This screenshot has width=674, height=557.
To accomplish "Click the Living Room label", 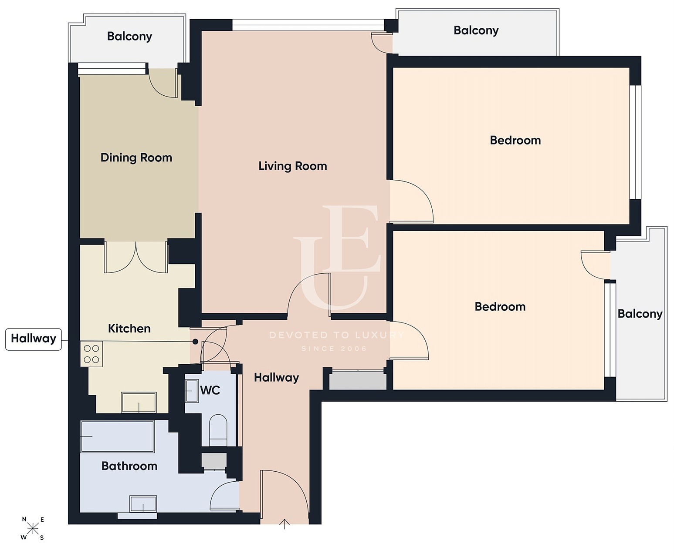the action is [292, 166].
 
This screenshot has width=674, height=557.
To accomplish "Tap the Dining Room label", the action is [136, 158].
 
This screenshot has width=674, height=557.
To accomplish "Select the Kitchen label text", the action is [129, 329].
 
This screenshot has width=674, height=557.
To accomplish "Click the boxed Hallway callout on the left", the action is [34, 339].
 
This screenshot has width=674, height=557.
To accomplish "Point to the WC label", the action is [210, 391].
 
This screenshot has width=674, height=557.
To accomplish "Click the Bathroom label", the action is [129, 466].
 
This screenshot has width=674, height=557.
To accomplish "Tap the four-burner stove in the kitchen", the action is [91, 354].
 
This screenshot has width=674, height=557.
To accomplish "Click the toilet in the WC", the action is [219, 429].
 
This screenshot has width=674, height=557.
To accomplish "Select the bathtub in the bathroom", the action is [117, 436].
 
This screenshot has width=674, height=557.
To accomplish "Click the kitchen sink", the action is [139, 402].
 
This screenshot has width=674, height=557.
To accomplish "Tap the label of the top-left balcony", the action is [129, 37].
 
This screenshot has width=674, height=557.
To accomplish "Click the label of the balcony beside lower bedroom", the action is [640, 314].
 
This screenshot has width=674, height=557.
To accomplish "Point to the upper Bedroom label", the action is [515, 140].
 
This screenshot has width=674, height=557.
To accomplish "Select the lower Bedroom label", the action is [500, 307].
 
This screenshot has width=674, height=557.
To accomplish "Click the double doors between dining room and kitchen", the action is [136, 257].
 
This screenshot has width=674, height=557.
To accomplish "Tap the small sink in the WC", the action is [192, 391].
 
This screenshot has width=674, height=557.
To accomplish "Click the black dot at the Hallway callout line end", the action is [195, 342].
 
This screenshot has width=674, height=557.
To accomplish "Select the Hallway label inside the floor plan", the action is [276, 378].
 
